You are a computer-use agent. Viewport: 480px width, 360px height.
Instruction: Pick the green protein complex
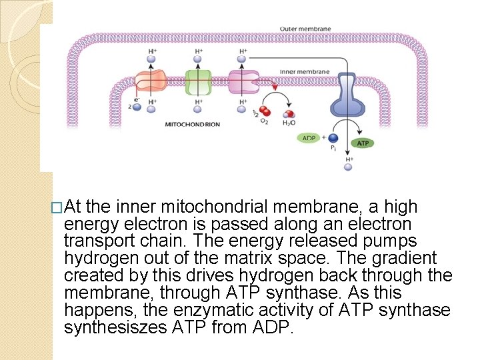pyautogui.click(x=198, y=82)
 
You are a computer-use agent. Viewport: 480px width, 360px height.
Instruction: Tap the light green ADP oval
pyautogui.click(x=309, y=139)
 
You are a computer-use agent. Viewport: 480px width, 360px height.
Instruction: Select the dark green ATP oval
pyautogui.click(x=363, y=143)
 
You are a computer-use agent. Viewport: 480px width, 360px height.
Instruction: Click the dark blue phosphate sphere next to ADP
pyautogui.click(x=333, y=139)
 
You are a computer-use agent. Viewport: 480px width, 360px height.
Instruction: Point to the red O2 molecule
pyautogui.click(x=266, y=111)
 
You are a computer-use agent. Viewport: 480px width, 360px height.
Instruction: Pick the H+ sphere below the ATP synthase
pyautogui.click(x=347, y=167)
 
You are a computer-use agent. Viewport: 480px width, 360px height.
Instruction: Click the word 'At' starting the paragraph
pyautogui.click(x=74, y=207)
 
